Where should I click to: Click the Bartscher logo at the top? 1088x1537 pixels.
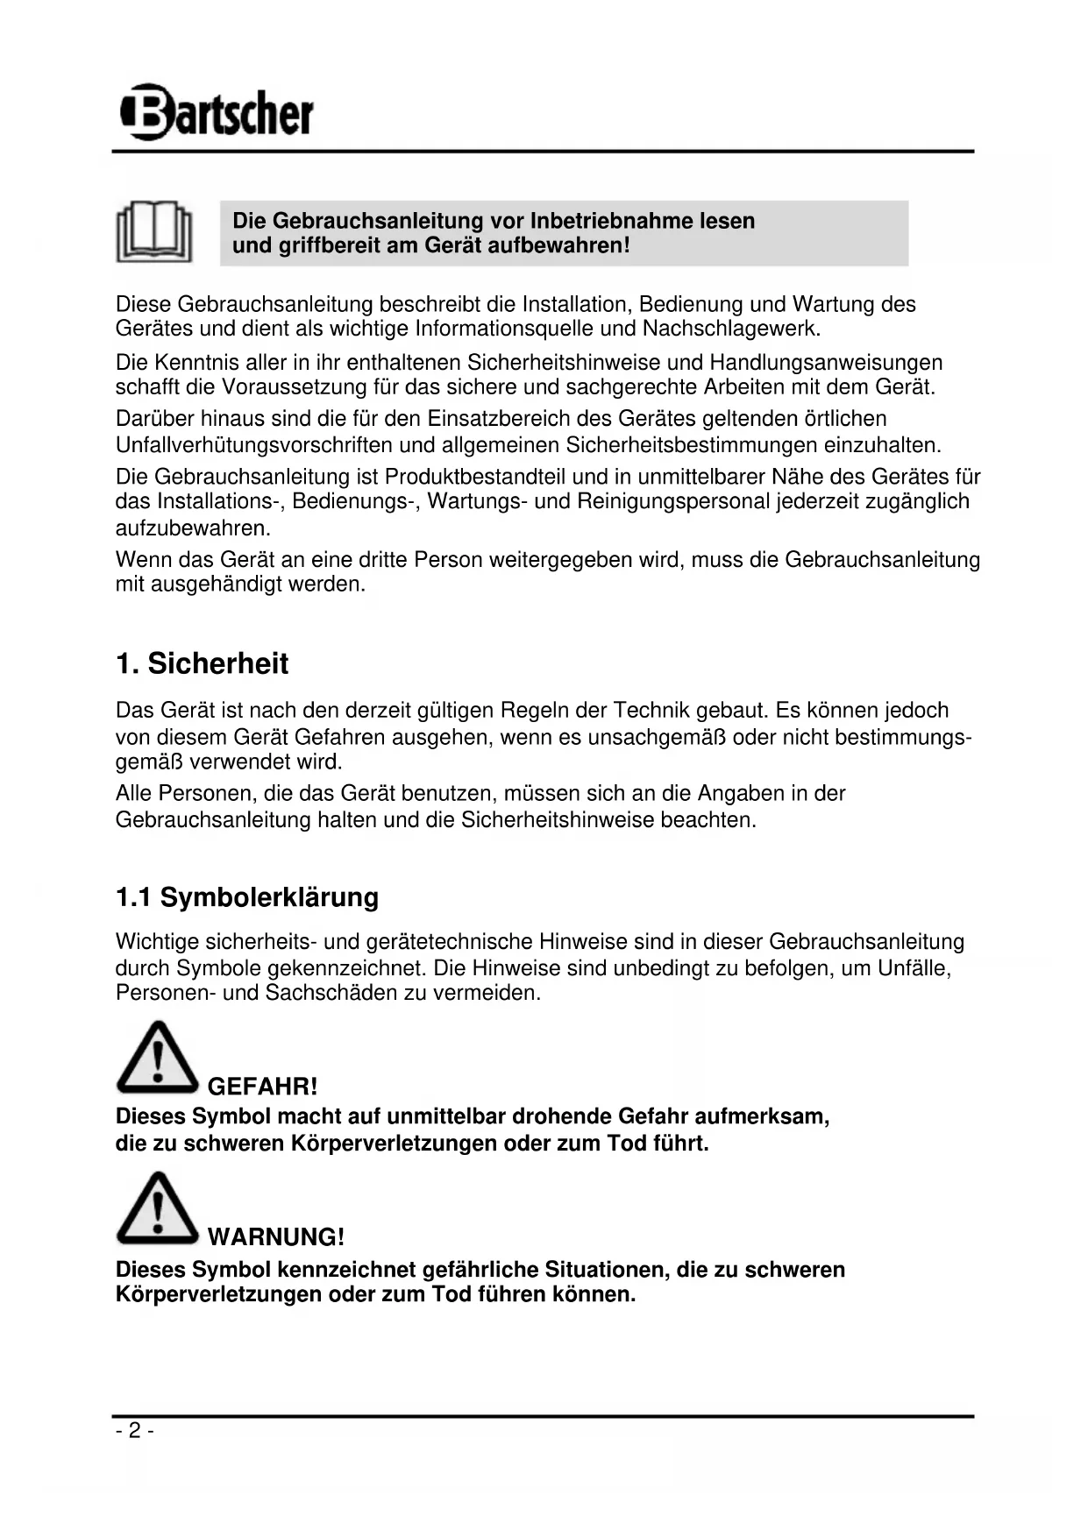tap(216, 112)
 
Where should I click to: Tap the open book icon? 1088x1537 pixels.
tap(154, 231)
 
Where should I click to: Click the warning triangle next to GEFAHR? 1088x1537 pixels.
tap(157, 1057)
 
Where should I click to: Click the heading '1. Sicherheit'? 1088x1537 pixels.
tap(202, 663)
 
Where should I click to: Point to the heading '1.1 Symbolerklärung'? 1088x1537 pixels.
tap(247, 897)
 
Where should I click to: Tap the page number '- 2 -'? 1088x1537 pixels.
tap(134, 1431)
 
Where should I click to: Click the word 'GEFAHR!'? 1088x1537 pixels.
tap(262, 1087)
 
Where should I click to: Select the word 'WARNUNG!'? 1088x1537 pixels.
tap(276, 1237)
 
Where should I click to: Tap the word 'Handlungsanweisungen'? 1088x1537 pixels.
tap(826, 363)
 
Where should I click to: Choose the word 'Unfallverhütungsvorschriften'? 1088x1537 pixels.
tap(253, 445)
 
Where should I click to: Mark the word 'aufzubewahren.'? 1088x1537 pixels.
tap(193, 528)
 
